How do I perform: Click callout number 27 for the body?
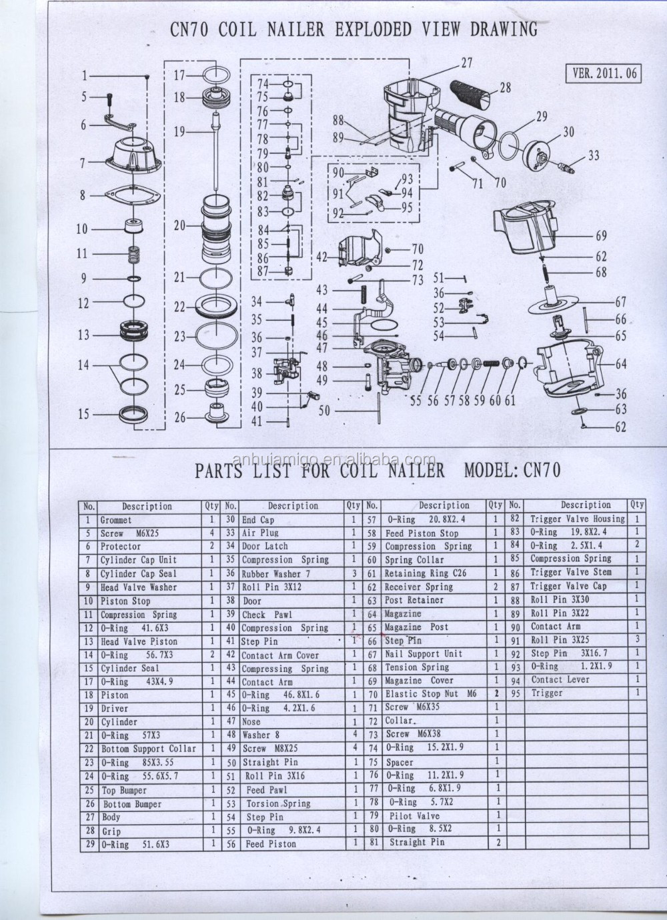[x=467, y=64]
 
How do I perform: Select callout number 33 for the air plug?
[x=594, y=156]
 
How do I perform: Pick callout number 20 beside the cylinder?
[x=180, y=226]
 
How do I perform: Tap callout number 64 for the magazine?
[x=620, y=365]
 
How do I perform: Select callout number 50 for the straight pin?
[x=324, y=413]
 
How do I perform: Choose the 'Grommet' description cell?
[x=116, y=520]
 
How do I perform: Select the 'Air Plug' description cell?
[x=260, y=533]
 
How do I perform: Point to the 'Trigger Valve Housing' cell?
[x=578, y=519]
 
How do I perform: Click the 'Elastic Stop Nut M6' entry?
[x=431, y=694]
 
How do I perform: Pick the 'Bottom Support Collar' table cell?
[x=149, y=749]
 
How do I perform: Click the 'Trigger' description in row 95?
[x=547, y=693]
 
